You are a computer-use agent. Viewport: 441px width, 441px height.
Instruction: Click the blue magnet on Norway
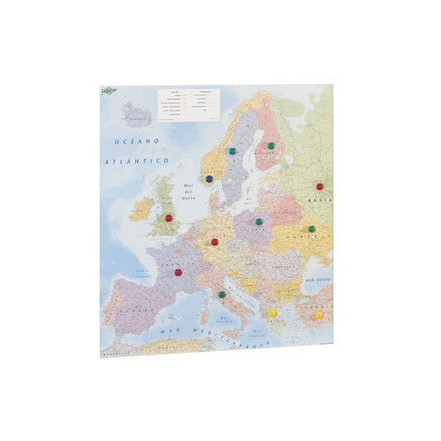(x=208, y=178)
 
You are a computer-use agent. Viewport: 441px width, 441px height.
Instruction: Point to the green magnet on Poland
(x=258, y=222)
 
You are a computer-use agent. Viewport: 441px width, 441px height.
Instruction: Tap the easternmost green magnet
(x=311, y=229)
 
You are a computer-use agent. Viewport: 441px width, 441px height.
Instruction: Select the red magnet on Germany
(x=214, y=241)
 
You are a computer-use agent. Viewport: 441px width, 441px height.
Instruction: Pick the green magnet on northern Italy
(x=222, y=294)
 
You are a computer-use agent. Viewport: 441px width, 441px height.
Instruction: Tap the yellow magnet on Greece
(x=273, y=313)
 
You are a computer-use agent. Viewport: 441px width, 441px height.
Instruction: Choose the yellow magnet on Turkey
(x=318, y=314)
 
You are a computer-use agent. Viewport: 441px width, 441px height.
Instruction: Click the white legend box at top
(x=189, y=103)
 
